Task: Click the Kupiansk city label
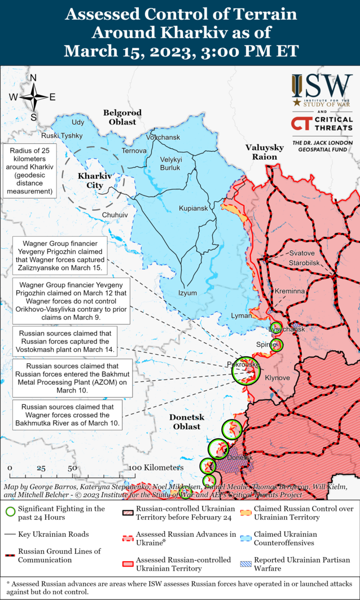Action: coord(194,209)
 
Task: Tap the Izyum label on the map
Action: coord(188,293)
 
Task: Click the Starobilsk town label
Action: coord(304,263)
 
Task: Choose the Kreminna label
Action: coord(289,291)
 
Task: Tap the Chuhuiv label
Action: coord(115,215)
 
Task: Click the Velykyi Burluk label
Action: coord(171,163)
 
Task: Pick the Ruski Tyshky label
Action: coord(62,136)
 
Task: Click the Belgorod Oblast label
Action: coord(122,117)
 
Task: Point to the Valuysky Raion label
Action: coord(261,152)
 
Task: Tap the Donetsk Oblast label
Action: coord(186,422)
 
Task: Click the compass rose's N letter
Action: coord(33,78)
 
